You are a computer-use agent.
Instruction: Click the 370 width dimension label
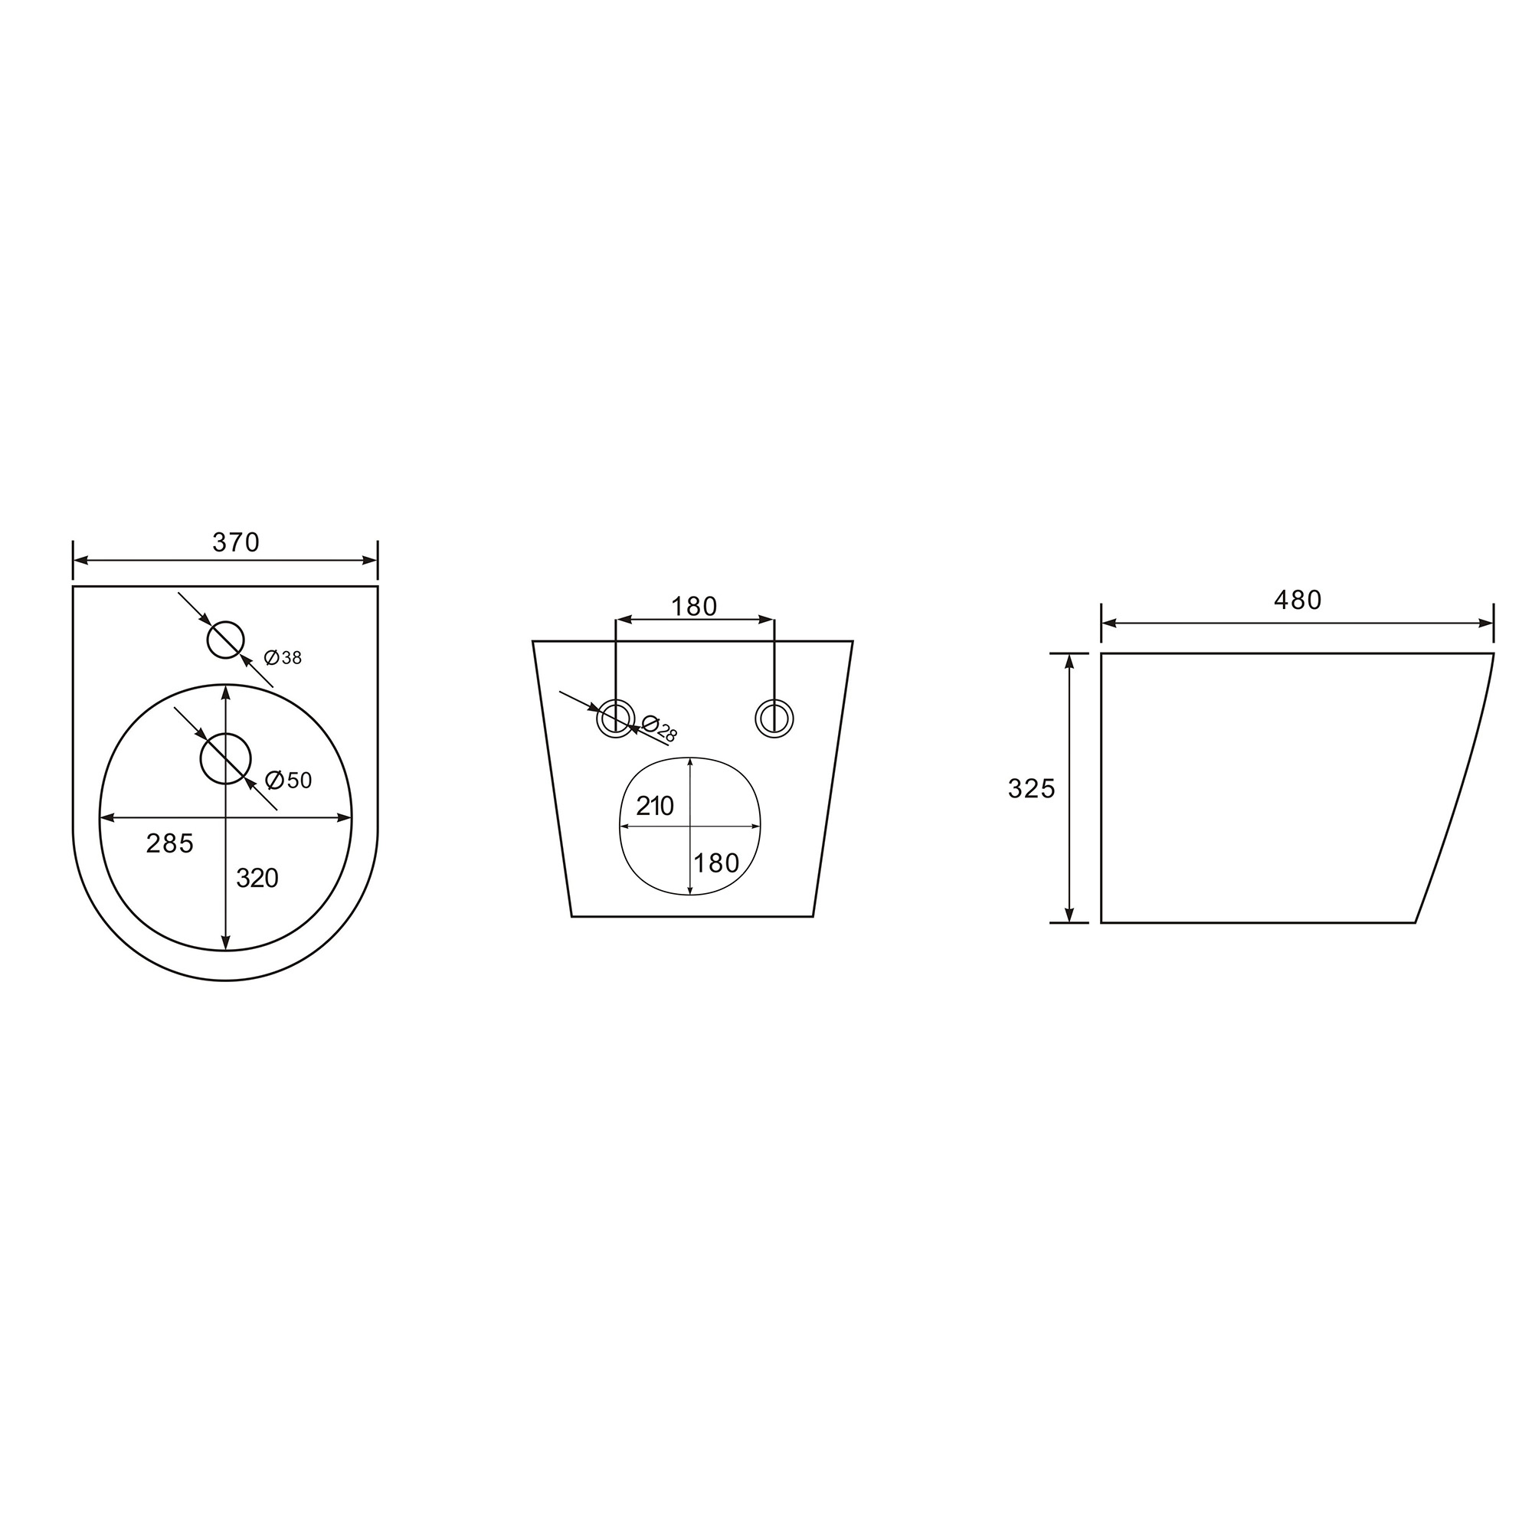coord(235,542)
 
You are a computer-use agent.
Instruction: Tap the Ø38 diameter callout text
coord(283,657)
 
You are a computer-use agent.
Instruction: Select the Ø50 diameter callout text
coord(289,781)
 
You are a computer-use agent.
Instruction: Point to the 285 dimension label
coord(170,843)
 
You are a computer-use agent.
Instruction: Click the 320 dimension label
coord(257,878)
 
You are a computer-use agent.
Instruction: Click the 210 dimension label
coord(655,807)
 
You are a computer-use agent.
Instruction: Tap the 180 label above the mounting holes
coord(694,607)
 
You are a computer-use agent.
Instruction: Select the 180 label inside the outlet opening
coord(716,863)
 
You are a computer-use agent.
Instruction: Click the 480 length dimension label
coord(1298,601)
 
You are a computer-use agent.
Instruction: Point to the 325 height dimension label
coord(1031,789)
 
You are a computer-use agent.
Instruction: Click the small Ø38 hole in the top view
coord(226,640)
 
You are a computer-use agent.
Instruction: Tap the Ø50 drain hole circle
coord(226,759)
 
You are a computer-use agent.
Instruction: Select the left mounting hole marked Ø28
coord(615,719)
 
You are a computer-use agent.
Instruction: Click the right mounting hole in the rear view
coord(773,719)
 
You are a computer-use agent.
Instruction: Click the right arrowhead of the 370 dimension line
coord(370,561)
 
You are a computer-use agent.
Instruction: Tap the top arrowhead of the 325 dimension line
coord(1069,661)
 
